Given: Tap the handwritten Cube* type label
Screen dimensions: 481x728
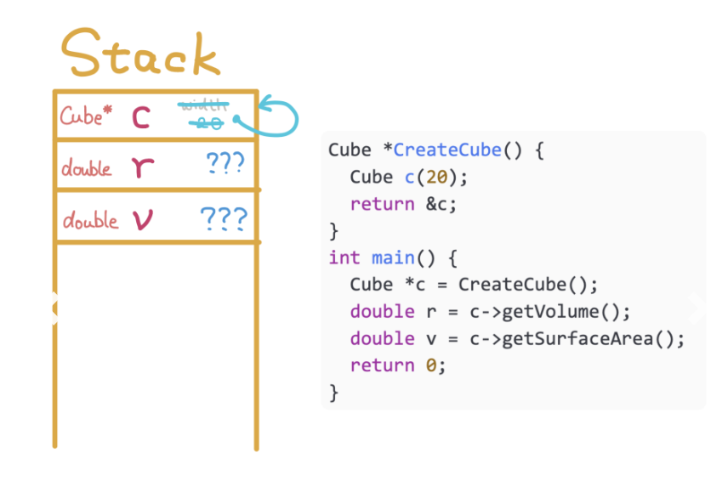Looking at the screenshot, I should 86,116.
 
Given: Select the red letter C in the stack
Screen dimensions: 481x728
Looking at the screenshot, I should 141,118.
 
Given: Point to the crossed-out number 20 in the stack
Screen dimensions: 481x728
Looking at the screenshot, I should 207,124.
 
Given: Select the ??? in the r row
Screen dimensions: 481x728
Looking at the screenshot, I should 225,163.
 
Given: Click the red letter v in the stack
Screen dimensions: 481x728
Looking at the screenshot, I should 141,221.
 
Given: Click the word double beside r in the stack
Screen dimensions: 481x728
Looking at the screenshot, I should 87,167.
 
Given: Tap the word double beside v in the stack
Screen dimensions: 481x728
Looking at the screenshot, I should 90,221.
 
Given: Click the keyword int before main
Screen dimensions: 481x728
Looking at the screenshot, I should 344,257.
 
